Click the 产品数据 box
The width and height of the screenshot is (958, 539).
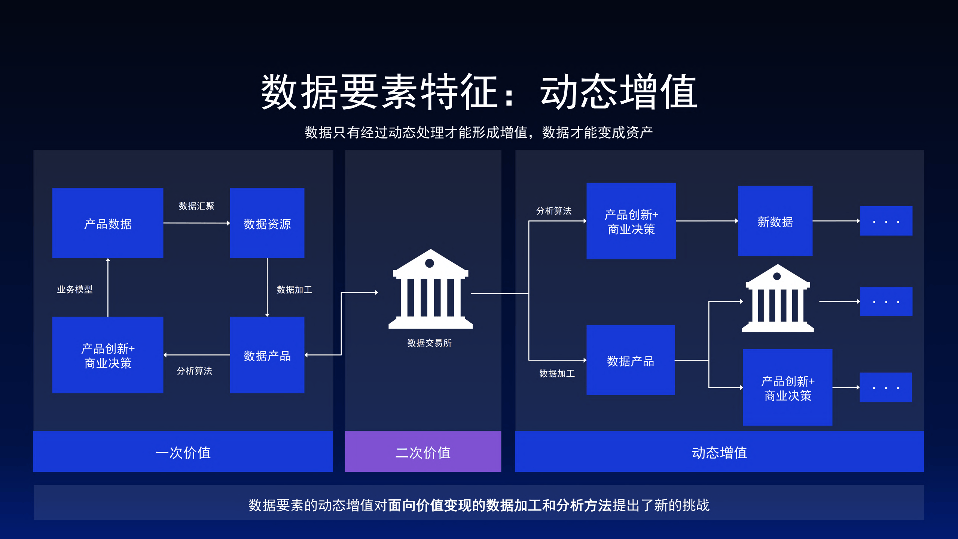tap(108, 223)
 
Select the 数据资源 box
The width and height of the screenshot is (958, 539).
tap(267, 223)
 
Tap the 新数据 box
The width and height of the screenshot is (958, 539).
tap(775, 221)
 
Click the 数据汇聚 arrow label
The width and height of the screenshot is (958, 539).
tap(196, 206)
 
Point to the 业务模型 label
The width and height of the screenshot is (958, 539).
tap(74, 289)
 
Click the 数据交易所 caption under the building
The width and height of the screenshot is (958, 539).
tap(429, 343)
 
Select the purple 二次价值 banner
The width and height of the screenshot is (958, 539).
tap(423, 452)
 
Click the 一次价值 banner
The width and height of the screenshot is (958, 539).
tap(183, 452)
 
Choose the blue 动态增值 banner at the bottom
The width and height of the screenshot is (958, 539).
tap(719, 452)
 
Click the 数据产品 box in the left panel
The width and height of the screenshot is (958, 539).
tap(267, 355)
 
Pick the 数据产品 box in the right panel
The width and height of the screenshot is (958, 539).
tap(630, 360)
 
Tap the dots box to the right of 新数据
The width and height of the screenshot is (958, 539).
tap(886, 221)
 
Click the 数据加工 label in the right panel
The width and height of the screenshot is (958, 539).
tap(557, 374)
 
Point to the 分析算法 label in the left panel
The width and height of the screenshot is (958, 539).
tap(194, 371)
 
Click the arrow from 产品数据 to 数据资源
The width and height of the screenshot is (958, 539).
tap(196, 223)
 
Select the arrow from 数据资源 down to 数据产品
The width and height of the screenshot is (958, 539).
tap(267, 287)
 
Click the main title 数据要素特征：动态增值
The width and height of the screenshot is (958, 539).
tap(479, 92)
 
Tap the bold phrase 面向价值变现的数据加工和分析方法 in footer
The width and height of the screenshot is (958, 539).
tap(500, 505)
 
